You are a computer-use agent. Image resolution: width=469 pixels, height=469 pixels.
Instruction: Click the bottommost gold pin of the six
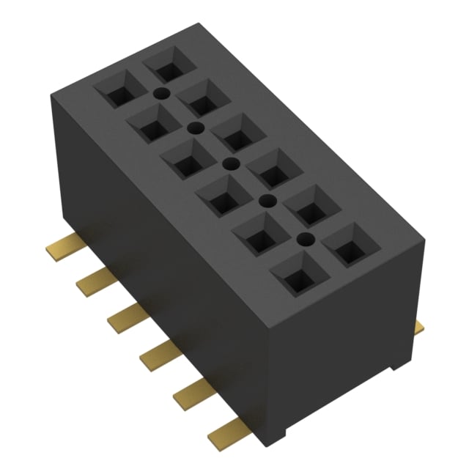point(224,437)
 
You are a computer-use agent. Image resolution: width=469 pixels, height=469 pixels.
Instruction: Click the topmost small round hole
point(160,93)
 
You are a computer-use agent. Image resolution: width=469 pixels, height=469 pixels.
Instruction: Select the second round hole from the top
point(196,128)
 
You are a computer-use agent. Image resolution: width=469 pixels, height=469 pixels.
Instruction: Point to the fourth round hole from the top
point(267,200)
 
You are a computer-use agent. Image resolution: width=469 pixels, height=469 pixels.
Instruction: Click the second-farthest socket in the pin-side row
point(153,126)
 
